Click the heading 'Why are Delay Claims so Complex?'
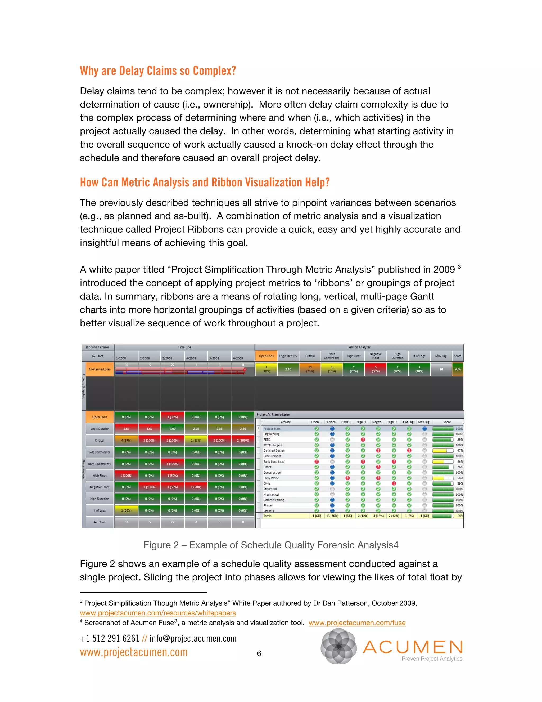coord(158,71)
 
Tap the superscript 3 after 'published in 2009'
coord(459,267)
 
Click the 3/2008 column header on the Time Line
coord(167,358)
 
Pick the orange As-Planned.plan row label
coord(100,369)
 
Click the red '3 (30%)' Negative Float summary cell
coord(375,369)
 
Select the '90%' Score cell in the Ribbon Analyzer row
coord(458,369)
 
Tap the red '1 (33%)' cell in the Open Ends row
coord(173,417)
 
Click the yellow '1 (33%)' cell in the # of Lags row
coord(126,510)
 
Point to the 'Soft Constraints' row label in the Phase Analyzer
coord(99,452)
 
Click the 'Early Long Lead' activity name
coord(274,461)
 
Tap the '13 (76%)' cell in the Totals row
coord(332,516)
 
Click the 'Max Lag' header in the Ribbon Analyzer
coord(441,356)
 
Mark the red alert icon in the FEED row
coord(363,439)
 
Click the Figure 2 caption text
coord(271,545)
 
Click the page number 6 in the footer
coord(259,654)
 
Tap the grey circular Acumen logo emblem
coord(338,646)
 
